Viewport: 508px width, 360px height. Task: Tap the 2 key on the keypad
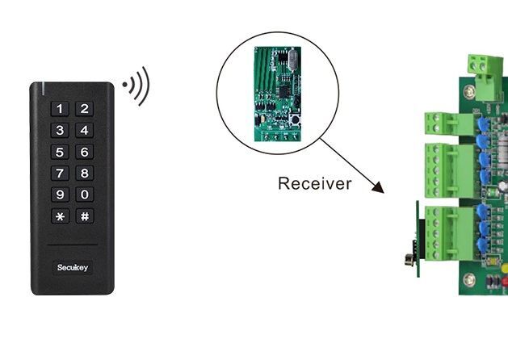[x=85, y=109]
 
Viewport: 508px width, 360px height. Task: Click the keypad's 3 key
[x=61, y=131]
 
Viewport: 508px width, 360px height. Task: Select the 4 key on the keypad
[x=85, y=131]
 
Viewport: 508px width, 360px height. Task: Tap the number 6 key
[x=85, y=152]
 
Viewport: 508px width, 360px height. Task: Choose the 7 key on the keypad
[x=61, y=173]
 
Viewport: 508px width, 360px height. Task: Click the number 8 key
[x=85, y=173]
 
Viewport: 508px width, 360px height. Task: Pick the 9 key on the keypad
[x=61, y=195]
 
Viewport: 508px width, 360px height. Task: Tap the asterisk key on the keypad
[x=61, y=216]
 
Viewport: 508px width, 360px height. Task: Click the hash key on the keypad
[x=85, y=216]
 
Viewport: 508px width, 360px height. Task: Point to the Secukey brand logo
[x=73, y=266]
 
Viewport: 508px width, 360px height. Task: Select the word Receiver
[x=314, y=183]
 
